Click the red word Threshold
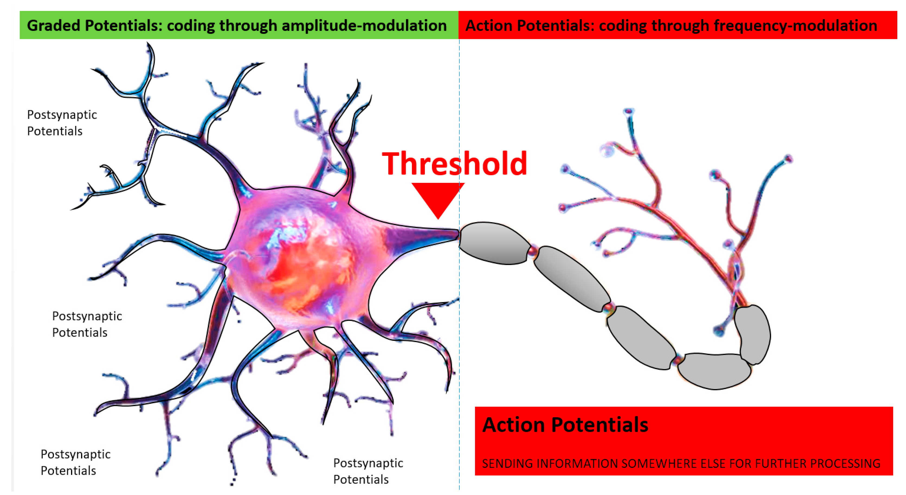(454, 164)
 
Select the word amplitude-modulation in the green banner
(364, 26)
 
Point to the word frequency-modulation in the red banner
(792, 26)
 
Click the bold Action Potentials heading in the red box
(565, 425)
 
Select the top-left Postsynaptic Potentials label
(62, 123)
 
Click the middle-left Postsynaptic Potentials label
(87, 324)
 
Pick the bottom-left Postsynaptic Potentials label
(76, 462)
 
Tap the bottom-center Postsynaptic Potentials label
(368, 471)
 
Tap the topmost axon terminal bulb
(628, 112)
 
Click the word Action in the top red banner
(487, 26)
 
